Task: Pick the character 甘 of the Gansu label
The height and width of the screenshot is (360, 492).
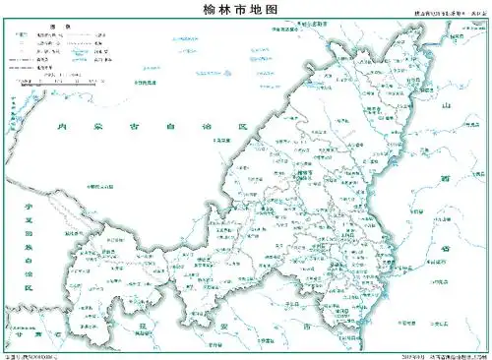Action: coord(20,334)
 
